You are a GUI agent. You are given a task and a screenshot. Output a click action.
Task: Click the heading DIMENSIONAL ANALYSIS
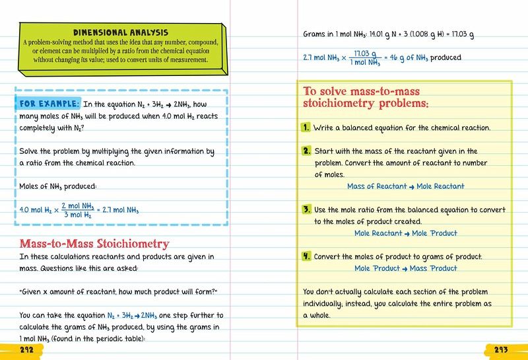[x=120, y=32]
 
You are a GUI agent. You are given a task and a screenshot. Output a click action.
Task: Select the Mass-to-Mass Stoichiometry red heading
[x=94, y=244]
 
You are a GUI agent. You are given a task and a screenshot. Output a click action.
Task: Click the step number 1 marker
[x=307, y=127]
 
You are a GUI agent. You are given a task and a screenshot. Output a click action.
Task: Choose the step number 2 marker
[x=307, y=151]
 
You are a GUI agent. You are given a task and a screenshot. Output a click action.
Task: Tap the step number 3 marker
[x=307, y=209]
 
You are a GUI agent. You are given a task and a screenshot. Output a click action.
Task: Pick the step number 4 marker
[x=307, y=256]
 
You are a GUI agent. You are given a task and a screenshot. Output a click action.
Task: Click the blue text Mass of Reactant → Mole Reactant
[x=405, y=186]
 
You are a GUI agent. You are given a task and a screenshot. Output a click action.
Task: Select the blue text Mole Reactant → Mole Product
[x=405, y=233]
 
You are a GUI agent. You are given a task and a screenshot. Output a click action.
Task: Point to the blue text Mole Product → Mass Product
[x=405, y=268]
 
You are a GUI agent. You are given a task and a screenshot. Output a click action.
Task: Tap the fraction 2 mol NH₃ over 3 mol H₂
[x=78, y=210]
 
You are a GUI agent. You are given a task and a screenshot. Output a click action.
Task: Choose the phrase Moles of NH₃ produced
[x=59, y=186]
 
